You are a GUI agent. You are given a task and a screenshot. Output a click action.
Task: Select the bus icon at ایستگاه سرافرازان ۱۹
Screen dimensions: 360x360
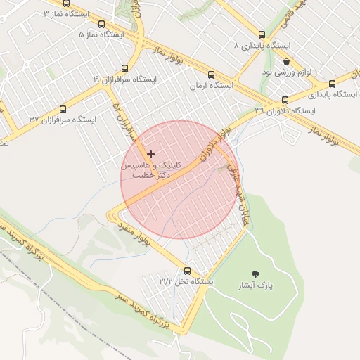click(125, 68)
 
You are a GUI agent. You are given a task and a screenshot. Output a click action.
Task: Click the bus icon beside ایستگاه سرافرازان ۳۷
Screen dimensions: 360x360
click(63, 109)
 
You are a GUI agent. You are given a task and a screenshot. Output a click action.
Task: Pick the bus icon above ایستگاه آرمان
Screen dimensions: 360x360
click(211, 75)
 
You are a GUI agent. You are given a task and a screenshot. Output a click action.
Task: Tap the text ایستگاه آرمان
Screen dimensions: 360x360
click(211, 85)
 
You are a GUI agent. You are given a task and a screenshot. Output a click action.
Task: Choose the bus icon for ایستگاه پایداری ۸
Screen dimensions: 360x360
click(262, 34)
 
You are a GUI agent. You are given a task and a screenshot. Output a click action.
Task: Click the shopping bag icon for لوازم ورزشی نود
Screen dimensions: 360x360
click(285, 61)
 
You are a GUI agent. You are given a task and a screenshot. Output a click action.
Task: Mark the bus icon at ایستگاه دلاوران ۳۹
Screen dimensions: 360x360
click(285, 100)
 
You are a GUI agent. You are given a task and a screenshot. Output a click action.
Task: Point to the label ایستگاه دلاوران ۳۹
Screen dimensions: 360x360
click(285, 110)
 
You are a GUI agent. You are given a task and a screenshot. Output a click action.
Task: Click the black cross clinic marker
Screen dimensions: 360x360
click(150, 153)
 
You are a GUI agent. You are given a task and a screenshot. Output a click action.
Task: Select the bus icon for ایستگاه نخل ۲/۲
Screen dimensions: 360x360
click(187, 271)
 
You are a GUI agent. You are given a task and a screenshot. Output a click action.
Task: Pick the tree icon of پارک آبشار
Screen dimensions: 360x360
click(254, 274)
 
